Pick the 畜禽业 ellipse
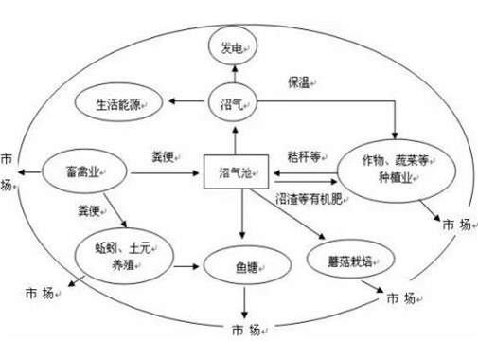(83, 171)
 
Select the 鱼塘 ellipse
(246, 262)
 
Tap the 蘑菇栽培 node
(350, 257)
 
